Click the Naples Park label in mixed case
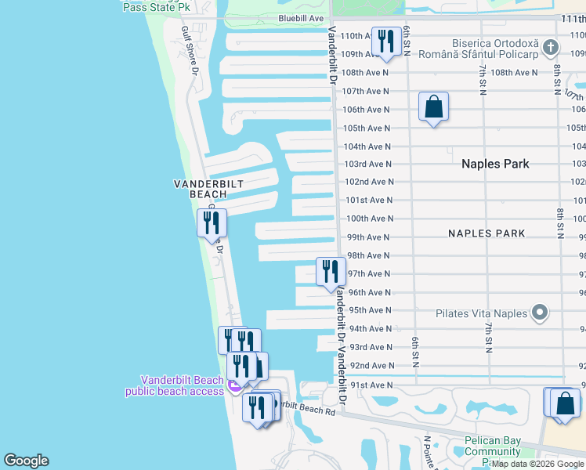pos(495,164)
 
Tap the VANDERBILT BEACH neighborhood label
pos(208,189)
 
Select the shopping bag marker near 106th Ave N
pos(433,107)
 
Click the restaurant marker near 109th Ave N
pos(385,42)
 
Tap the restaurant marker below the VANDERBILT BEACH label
pos(212,222)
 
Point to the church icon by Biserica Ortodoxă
pos(551,48)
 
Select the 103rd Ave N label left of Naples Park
pos(368,164)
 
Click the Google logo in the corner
pos(26,461)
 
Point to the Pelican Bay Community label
pos(492,446)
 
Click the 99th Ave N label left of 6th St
pos(368,237)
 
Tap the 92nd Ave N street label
pos(371,366)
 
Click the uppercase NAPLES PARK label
pos(487,233)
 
